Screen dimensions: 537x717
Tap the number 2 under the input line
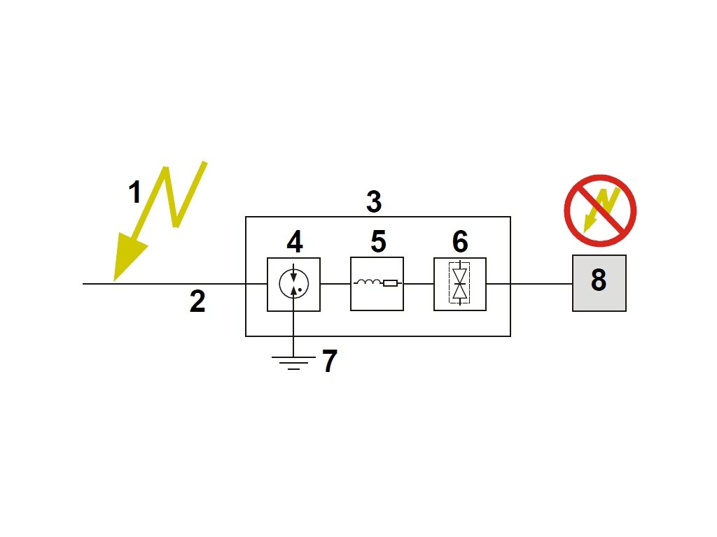[197, 301]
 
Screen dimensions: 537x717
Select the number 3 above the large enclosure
[374, 202]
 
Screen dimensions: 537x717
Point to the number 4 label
[295, 242]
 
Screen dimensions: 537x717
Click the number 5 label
[378, 242]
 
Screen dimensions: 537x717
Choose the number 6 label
[460, 242]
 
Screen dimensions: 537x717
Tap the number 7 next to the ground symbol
[330, 362]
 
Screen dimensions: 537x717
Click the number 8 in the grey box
[599, 280]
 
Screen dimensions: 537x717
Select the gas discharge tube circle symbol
[294, 284]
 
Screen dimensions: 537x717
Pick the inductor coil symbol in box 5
[368, 283]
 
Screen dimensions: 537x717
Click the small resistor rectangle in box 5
[390, 284]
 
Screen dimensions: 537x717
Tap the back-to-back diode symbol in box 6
[460, 284]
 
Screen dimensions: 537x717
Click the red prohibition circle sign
[600, 210]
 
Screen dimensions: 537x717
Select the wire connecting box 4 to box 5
[335, 284]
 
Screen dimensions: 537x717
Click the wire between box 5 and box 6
[419, 284]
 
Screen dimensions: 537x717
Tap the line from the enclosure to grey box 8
[541, 284]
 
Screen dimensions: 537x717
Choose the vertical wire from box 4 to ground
[294, 332]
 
